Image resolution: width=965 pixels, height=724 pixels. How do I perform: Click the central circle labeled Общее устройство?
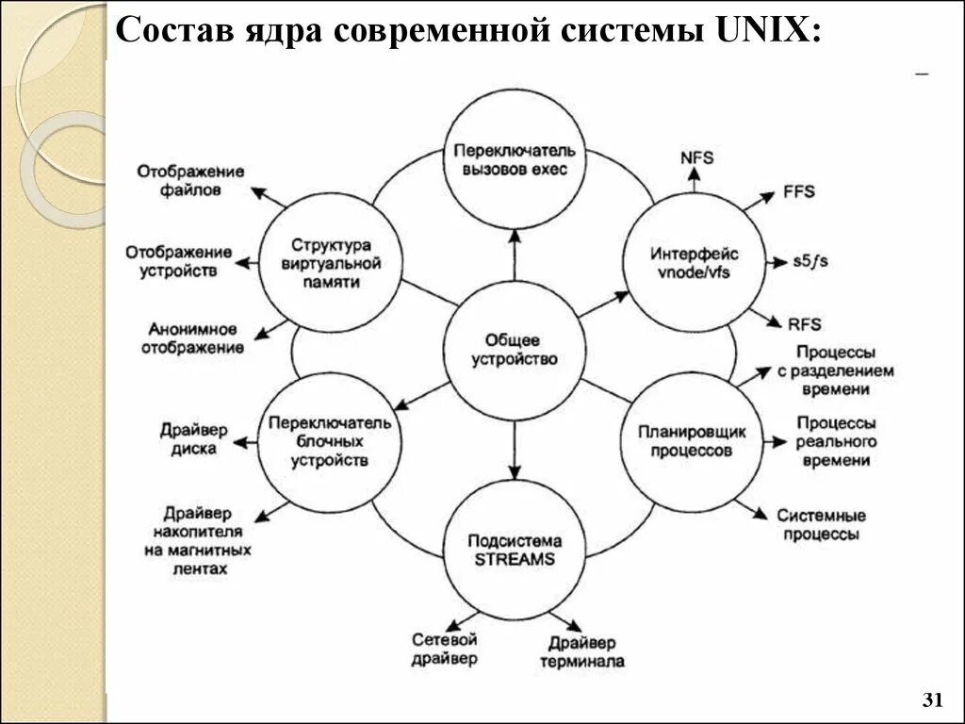[515, 349]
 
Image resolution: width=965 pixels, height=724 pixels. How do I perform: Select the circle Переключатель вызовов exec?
[515, 159]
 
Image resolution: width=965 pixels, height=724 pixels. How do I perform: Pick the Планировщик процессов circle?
[693, 441]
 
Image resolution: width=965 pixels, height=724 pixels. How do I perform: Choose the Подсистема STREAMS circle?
[515, 549]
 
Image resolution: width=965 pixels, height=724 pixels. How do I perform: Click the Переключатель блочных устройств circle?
[329, 441]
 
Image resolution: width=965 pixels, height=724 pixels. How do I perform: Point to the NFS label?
[696, 157]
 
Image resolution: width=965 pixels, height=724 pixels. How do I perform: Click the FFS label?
[798, 191]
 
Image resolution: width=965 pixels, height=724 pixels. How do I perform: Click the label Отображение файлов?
[190, 180]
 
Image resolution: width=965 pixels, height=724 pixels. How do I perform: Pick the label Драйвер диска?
[194, 439]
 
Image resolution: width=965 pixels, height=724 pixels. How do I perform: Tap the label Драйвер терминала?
[581, 652]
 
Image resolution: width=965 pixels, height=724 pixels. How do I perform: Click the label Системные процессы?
[821, 525]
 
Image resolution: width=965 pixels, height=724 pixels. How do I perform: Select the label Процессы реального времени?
[836, 441]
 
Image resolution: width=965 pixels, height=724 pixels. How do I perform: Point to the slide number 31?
[932, 700]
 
